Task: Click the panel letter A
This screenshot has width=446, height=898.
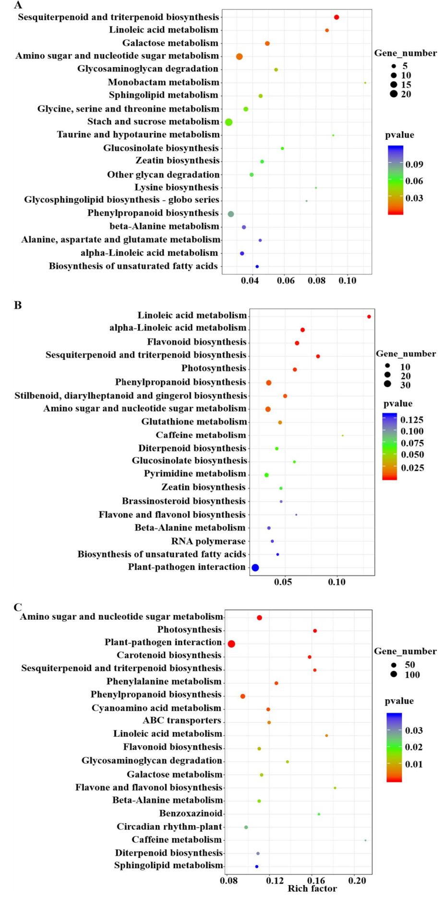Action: (18, 5)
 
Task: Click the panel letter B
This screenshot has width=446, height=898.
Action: (18, 305)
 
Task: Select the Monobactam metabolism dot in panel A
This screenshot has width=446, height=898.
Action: (365, 83)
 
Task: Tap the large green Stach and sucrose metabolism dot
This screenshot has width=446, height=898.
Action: (229, 122)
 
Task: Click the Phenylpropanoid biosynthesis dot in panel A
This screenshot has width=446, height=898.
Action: (231, 214)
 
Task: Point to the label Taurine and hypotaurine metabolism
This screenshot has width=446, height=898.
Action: (138, 134)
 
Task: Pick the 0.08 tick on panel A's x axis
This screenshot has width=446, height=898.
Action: (316, 281)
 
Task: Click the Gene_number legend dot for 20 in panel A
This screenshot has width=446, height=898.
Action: (394, 94)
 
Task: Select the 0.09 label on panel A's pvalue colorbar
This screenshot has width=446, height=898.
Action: (414, 165)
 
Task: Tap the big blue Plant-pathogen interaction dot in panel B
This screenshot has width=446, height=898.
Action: (255, 568)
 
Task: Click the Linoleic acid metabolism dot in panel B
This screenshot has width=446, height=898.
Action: (369, 317)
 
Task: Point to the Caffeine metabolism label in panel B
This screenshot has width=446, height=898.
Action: (201, 435)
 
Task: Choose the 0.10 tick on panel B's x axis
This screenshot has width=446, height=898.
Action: (337, 582)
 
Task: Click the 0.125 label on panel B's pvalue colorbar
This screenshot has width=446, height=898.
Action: (412, 420)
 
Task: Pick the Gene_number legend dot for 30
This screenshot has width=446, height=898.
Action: (387, 384)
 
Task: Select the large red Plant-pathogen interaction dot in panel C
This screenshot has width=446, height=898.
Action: (231, 644)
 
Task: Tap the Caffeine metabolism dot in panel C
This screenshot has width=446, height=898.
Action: (365, 840)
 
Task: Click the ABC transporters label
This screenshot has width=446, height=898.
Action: (182, 720)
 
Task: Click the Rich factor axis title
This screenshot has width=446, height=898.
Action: (312, 888)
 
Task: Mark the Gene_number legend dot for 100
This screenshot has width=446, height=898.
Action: (394, 674)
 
